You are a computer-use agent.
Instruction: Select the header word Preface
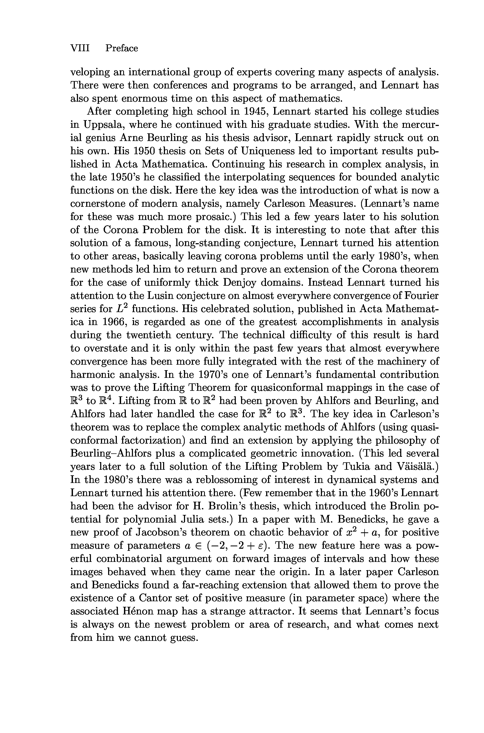pos(122,48)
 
